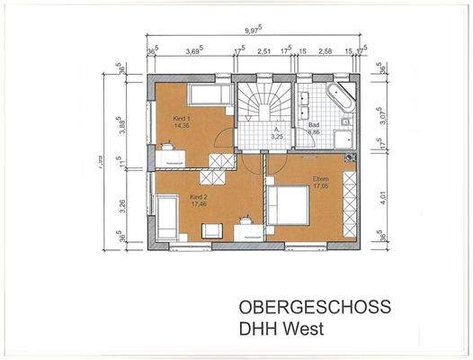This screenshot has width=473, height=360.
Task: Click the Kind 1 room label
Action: [x=182, y=118]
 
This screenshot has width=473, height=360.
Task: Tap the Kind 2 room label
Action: [x=198, y=196]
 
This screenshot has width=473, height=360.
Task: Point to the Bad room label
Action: [x=314, y=124]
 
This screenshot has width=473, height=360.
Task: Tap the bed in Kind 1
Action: [x=208, y=95]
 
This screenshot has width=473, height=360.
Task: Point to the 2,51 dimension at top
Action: [x=263, y=52]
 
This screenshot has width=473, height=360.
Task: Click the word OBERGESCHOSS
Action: [x=315, y=307]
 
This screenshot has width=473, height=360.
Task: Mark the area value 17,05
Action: [x=321, y=188]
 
